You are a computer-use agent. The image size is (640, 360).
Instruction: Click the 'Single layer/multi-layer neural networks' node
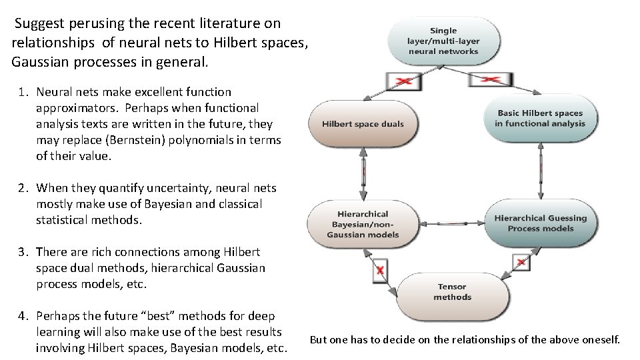[443, 41]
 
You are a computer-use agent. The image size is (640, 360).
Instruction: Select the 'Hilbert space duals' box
[363, 124]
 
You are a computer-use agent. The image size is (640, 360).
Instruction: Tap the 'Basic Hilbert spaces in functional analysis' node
[539, 119]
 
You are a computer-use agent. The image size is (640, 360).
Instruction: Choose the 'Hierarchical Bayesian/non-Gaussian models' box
[363, 225]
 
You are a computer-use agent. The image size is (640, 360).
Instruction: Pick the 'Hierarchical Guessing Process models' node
[540, 223]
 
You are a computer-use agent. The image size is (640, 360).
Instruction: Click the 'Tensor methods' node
[452, 292]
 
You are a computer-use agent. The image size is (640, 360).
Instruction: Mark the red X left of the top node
[403, 81]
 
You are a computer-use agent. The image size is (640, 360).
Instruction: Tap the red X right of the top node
[491, 79]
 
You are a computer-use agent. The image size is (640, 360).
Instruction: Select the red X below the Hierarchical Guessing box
[522, 262]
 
